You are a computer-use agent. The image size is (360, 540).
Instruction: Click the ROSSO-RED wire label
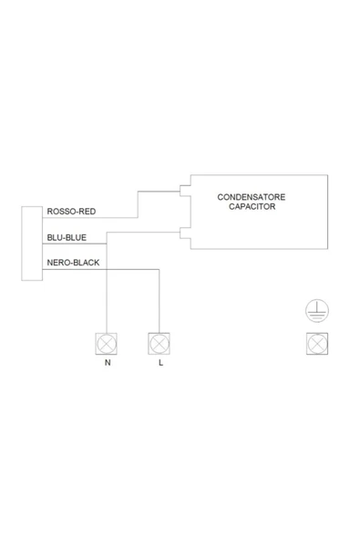[71, 211]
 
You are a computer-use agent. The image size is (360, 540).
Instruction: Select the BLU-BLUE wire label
[67, 237]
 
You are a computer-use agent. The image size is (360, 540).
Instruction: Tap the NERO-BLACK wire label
[73, 263]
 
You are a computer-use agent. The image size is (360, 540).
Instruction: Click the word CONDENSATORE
[252, 197]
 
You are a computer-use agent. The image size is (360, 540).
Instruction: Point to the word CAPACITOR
[252, 206]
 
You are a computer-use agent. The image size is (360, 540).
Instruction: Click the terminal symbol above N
[107, 344]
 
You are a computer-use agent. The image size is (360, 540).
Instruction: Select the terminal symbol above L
[159, 344]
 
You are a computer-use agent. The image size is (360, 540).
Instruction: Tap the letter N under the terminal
[108, 363]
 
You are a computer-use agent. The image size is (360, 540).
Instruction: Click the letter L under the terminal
[160, 363]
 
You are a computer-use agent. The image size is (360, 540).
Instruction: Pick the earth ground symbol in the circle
[317, 311]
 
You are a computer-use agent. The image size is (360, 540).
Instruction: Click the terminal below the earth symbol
[317, 344]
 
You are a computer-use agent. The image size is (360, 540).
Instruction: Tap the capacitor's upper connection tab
[185, 192]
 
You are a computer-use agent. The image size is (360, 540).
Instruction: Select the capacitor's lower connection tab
[185, 233]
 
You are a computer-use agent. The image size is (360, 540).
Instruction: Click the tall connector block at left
[32, 244]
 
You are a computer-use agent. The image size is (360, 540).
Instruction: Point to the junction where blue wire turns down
[107, 244]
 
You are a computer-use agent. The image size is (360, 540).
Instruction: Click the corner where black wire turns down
[159, 269]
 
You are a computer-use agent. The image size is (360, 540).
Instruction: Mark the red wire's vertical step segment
[138, 204]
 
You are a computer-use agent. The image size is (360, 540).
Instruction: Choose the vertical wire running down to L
[159, 301]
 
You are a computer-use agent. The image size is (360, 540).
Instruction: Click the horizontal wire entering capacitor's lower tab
[143, 233]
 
